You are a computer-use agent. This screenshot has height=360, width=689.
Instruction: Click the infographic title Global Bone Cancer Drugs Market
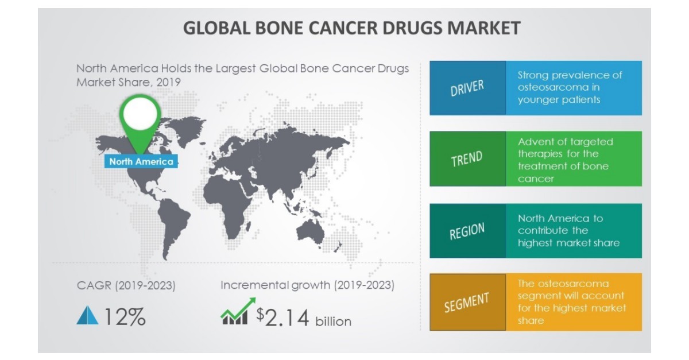352,28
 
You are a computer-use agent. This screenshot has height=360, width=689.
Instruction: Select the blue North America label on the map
141,161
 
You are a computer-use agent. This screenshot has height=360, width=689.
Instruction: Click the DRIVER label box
467,88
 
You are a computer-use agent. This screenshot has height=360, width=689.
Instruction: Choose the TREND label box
467,159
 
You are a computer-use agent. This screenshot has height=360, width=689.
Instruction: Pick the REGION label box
467,230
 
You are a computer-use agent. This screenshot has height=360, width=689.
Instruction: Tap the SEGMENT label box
467,302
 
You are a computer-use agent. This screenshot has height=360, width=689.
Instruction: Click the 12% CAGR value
124,317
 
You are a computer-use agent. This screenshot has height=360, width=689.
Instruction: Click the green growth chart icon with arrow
235,313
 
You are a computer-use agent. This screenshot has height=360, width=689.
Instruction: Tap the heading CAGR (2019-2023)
126,285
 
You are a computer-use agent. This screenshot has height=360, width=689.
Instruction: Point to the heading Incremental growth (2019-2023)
307,285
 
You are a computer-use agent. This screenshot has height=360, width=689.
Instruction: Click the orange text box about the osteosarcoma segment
573,302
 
